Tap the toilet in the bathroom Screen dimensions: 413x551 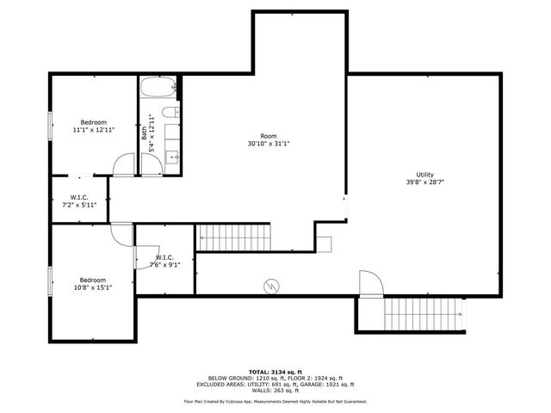pyautogui.click(x=170, y=112)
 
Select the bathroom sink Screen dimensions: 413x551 pyautogui.click(x=170, y=157)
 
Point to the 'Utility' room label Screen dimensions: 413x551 pyautogui.click(x=425, y=175)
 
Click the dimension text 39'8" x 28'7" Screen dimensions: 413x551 pyautogui.click(x=425, y=182)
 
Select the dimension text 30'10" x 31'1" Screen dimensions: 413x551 pyautogui.click(x=269, y=144)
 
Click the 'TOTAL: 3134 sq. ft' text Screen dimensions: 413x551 pyautogui.click(x=275, y=371)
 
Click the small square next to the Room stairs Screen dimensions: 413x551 pyautogui.click(x=324, y=242)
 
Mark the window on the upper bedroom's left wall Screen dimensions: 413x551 pyautogui.click(x=50, y=126)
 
